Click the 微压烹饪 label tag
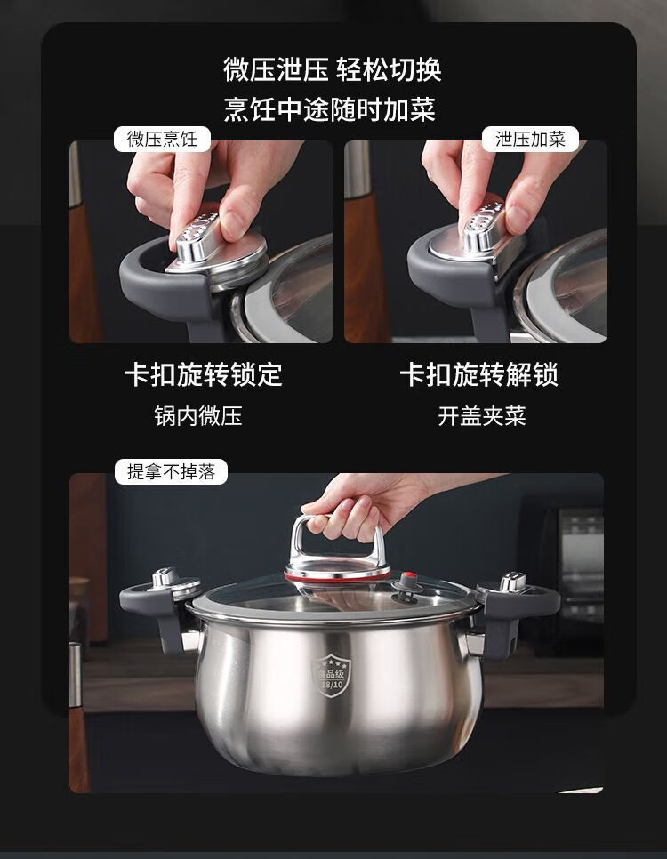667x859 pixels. [162, 139]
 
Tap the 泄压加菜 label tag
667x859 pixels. [530, 139]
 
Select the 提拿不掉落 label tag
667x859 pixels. [171, 471]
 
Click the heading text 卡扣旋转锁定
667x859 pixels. [204, 375]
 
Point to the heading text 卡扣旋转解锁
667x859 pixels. [479, 375]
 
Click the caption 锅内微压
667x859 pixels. [198, 416]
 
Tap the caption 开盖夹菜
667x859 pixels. [482, 416]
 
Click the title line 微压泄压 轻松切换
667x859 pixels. [332, 69]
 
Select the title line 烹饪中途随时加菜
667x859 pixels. [329, 109]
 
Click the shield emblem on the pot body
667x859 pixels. [331, 676]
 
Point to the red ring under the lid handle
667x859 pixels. [338, 576]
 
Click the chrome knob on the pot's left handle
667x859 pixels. [165, 578]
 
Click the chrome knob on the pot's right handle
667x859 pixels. [513, 582]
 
